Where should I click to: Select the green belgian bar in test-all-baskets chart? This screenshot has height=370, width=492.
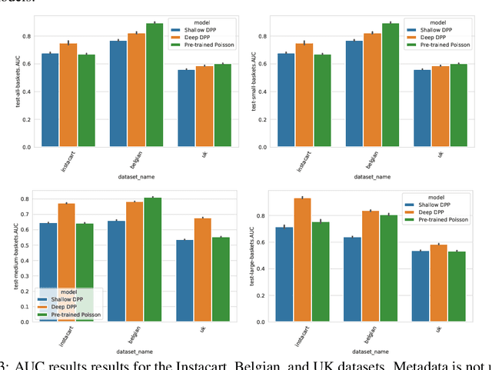click(155, 85)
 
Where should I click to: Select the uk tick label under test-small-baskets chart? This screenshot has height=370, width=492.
click(439, 154)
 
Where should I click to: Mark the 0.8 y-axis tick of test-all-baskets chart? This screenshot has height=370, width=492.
click(26, 36)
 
